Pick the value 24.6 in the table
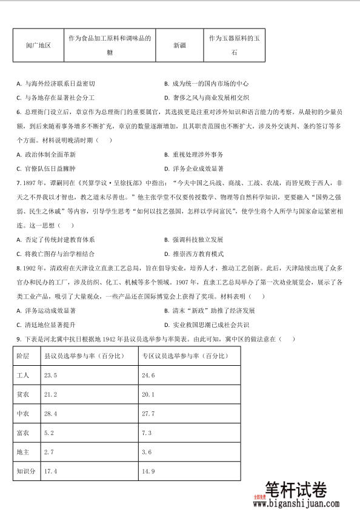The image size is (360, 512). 148,376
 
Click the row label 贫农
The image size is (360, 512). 22,395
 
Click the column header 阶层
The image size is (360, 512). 22,357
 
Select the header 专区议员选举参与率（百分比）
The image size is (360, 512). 182,357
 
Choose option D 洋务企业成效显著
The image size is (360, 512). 194,169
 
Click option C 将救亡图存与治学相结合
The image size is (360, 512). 55,253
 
